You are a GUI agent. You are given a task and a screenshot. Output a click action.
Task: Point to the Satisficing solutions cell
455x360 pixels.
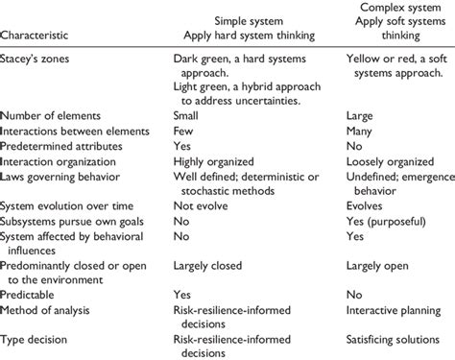[x=393, y=340]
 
